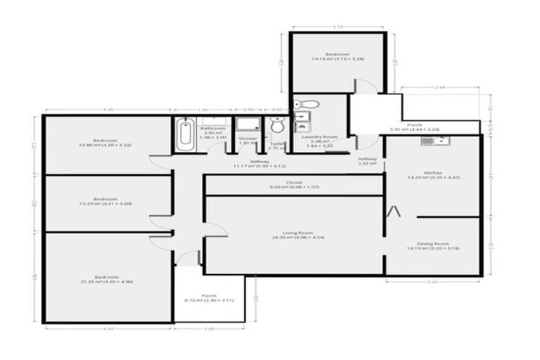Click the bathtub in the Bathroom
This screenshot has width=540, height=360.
[x=185, y=134]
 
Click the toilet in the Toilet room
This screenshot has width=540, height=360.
[x=277, y=126]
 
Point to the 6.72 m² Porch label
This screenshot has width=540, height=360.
[x=208, y=297]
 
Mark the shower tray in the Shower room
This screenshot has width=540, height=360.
[x=247, y=124]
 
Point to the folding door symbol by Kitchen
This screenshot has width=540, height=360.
[x=396, y=210]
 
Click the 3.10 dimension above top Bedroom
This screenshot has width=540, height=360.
[x=338, y=27]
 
